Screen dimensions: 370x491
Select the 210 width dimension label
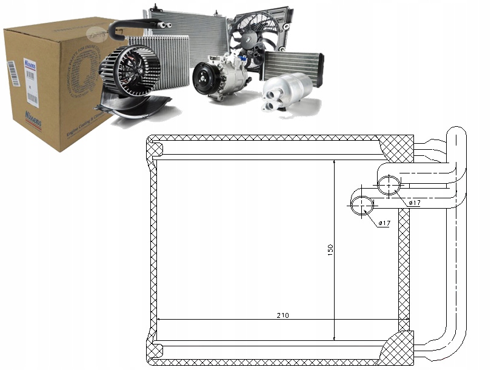pos(282,315)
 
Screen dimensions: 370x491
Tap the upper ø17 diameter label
pos(415,203)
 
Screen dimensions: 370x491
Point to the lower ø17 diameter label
pos(384,224)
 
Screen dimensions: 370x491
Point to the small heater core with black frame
pos(293,64)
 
